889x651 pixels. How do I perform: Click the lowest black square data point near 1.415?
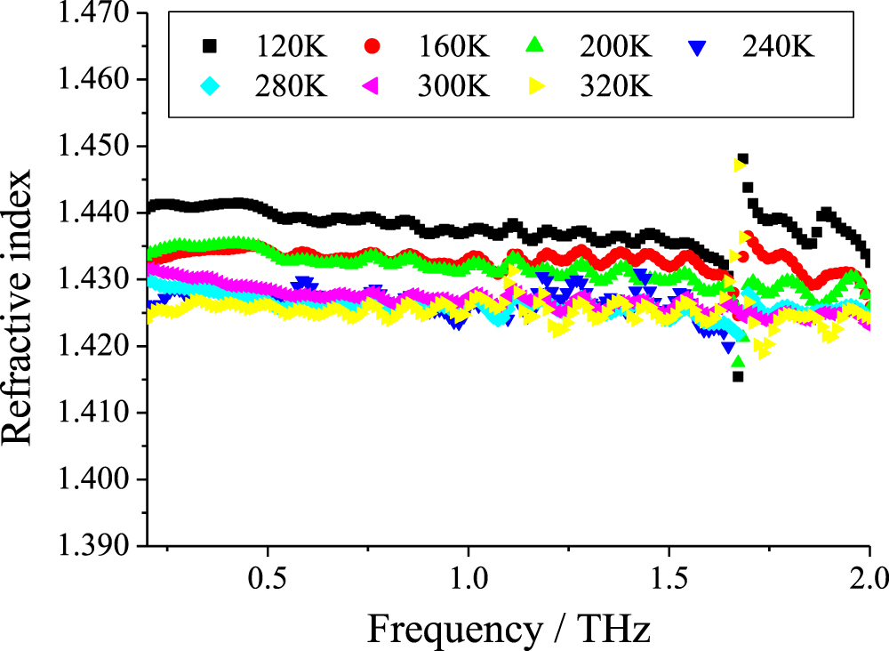coord(738,376)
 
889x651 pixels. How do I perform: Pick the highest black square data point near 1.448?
coord(742,159)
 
